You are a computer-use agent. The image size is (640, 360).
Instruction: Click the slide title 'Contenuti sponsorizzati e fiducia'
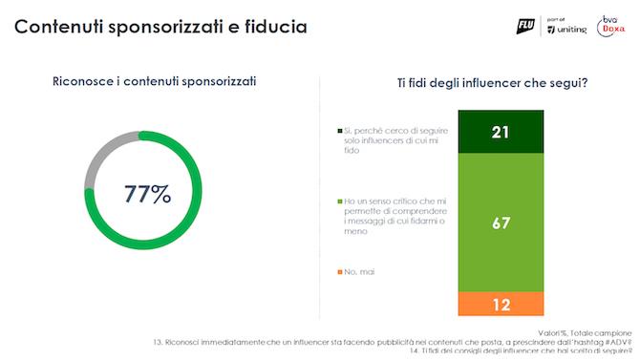(160, 26)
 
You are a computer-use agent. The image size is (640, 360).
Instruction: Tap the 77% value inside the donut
(148, 194)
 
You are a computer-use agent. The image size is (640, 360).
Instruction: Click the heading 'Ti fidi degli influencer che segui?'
(491, 82)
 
